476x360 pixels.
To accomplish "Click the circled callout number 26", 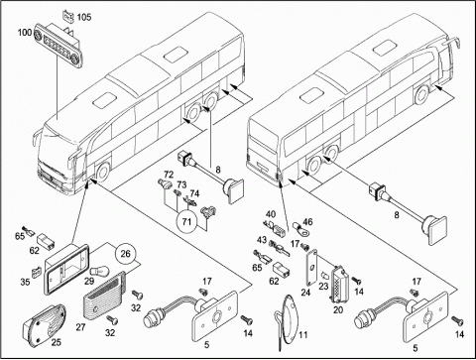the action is pos(126,254).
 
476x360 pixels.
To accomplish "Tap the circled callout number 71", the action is pos(187,221).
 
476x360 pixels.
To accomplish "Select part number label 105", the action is pos(84,17).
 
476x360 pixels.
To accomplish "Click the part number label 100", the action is pos(25,33).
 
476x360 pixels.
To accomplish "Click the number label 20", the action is pos(338,309).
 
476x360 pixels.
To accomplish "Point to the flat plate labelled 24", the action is pos(311,267).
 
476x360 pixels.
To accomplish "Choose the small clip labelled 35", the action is pos(36,272).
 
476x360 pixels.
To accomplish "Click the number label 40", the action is pos(271,214).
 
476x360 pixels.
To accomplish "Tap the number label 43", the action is pos(262,239).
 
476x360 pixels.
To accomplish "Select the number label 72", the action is pos(169,175).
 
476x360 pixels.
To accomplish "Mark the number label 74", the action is pos(194,193).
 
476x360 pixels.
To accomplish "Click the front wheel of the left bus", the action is pos(103,172).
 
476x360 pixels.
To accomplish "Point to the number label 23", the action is pos(323,286).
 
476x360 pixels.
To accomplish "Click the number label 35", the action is pos(25,282).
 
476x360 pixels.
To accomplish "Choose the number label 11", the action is pos(303,335).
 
